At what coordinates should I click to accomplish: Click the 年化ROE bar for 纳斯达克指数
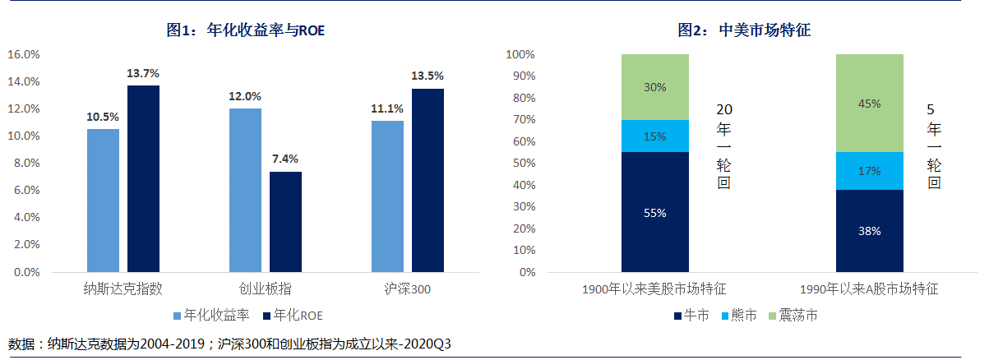143,178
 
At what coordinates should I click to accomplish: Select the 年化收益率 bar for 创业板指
245,190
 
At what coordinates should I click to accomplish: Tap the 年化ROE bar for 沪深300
427,180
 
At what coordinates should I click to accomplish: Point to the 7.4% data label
285,159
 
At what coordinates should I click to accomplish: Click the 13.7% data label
143,73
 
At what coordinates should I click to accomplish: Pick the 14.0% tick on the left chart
24,82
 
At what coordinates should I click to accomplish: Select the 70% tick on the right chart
520,120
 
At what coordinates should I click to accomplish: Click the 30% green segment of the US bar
654,87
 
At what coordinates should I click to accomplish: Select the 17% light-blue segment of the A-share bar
870,171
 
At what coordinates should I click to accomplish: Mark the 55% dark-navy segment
654,212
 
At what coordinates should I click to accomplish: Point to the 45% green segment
870,104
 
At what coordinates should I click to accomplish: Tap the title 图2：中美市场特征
744,30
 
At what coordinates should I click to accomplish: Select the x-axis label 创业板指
265,289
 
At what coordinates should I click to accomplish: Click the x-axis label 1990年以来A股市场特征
869,289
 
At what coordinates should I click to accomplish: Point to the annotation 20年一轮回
723,147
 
